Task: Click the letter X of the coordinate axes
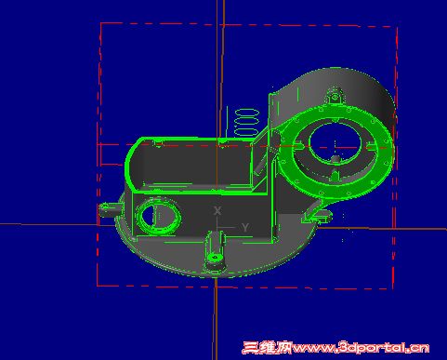pyautogui.click(x=217, y=211)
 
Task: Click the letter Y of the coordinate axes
pyautogui.click(x=245, y=227)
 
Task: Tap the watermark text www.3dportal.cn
pyautogui.click(x=361, y=348)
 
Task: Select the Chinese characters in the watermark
pyautogui.click(x=267, y=348)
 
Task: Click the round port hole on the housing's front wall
pyautogui.click(x=158, y=216)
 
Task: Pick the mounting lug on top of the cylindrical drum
pyautogui.click(x=335, y=96)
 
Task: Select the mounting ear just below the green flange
pyautogui.click(x=318, y=215)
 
